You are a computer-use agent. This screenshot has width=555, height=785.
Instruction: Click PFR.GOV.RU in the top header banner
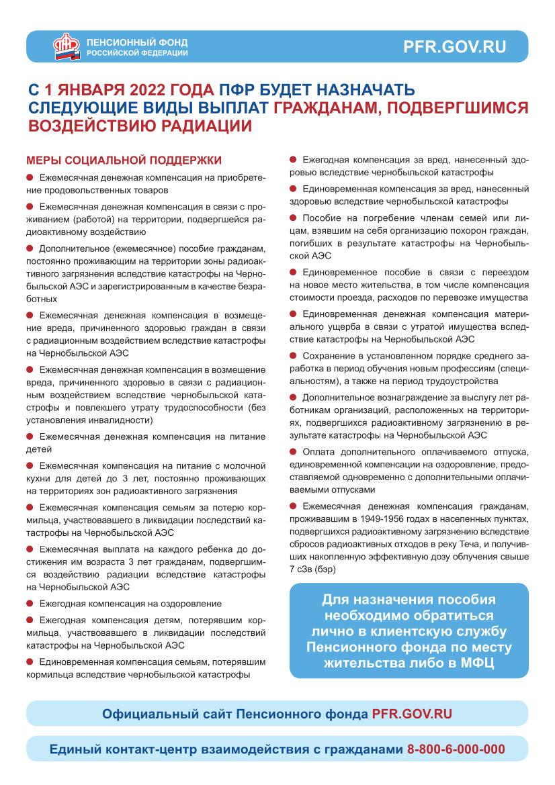[454, 47]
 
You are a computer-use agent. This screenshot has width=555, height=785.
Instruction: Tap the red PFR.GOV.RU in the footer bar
[412, 713]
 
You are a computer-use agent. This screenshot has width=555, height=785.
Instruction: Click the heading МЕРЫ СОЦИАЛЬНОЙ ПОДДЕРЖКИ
[124, 160]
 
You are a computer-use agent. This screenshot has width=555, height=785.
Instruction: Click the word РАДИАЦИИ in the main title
[201, 126]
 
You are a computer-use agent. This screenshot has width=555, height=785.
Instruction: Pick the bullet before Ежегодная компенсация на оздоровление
[30, 603]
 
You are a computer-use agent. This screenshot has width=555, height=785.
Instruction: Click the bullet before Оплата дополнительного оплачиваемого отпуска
[293, 451]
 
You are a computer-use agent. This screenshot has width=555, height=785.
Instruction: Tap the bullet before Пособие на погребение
[293, 218]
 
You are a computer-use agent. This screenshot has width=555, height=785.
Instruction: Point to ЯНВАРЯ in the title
[89, 90]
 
